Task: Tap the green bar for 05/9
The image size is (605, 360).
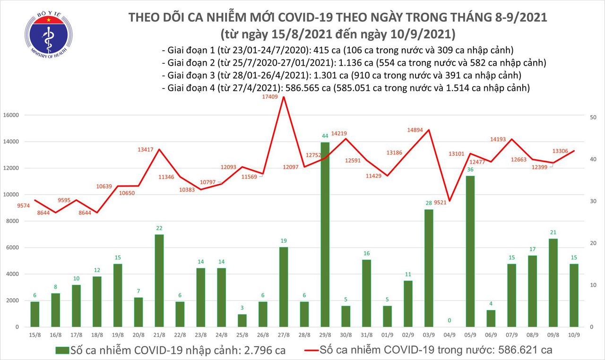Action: (470, 251)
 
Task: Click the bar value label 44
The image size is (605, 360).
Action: (324, 136)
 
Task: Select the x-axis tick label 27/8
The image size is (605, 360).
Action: (283, 334)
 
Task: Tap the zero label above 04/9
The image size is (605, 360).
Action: (449, 321)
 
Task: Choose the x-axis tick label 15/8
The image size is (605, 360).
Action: (35, 334)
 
